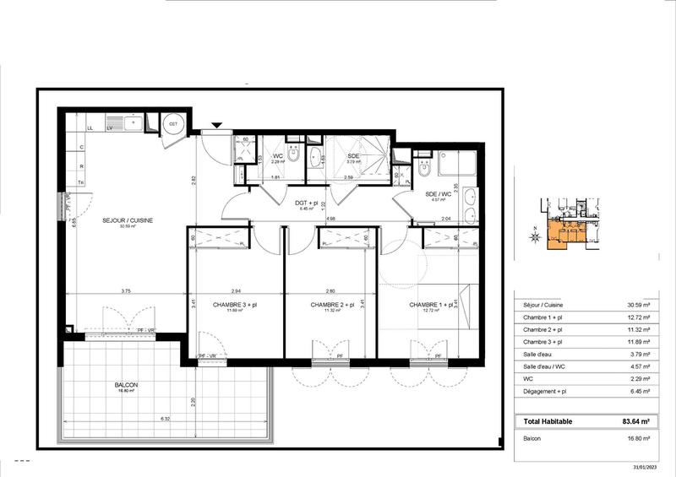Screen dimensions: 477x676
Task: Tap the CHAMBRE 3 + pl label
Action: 233,305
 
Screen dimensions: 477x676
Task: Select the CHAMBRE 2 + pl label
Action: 330,305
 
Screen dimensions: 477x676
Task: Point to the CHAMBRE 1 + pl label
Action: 429,305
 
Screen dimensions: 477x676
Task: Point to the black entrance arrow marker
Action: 217,126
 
